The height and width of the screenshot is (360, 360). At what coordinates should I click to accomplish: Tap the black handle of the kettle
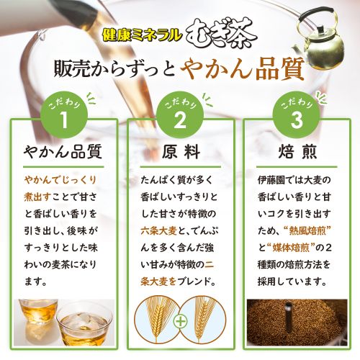coord(315,15)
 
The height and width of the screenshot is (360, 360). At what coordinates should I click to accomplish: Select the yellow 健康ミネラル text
coord(142,35)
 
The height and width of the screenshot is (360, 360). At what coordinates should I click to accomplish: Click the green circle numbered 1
coord(64,114)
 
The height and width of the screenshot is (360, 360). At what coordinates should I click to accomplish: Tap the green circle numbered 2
coord(180,114)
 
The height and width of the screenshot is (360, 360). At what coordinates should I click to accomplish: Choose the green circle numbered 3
coord(297,114)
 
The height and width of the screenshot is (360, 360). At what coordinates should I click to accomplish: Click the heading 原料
coord(181,152)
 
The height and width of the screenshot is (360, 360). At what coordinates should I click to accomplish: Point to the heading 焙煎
coord(297,152)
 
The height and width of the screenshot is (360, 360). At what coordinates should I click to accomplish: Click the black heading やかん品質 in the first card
coord(63,152)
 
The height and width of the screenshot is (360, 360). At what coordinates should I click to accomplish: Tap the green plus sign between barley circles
coord(181,321)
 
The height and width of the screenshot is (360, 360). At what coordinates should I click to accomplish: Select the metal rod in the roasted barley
coord(289,317)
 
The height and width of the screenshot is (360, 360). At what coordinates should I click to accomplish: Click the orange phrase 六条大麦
coord(158,231)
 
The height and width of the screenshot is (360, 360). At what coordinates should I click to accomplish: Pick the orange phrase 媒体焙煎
coord(291,248)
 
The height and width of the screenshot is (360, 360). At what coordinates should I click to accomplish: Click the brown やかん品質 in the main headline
coord(243,69)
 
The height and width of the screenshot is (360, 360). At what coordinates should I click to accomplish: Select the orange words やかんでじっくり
coord(60,180)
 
